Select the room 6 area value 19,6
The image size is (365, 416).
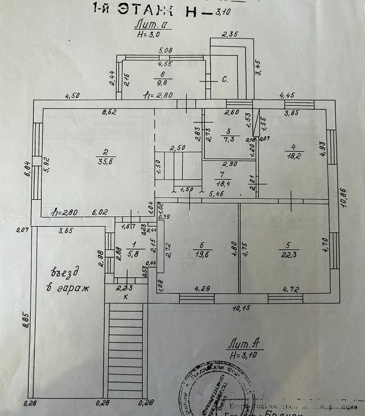tap(202, 254)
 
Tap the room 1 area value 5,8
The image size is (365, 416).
tap(123, 253)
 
